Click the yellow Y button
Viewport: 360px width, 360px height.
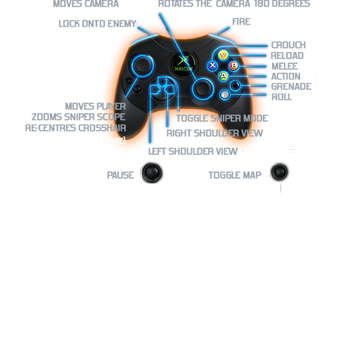coord(223,56)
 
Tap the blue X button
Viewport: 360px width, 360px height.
coord(212,65)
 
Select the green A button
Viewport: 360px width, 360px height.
coord(224,76)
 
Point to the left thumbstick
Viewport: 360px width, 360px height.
coord(143,65)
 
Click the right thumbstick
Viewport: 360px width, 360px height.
coord(202,89)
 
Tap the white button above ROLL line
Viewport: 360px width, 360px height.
coord(225,95)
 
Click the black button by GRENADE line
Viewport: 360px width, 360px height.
coord(235,86)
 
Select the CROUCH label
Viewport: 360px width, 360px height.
coord(288,45)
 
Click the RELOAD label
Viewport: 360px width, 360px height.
coord(287,56)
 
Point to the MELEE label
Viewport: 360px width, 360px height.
coord(285,66)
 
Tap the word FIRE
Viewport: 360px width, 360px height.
coord(241,22)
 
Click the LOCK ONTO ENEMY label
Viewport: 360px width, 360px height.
coord(98,24)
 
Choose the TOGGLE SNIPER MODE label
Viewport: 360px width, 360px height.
coord(222,118)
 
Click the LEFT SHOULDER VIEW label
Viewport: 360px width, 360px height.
coord(193,151)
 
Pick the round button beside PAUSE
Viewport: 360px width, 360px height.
coord(152,173)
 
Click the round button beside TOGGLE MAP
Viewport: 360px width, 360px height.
coord(279,172)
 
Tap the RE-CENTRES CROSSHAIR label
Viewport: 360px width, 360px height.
coord(75,128)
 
